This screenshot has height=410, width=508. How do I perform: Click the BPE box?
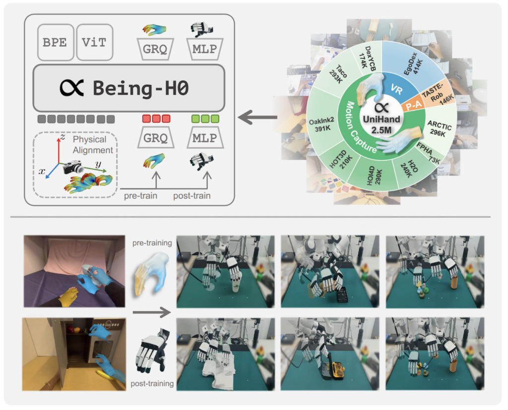click(x=55, y=42)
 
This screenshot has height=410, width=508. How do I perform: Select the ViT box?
click(x=94, y=42)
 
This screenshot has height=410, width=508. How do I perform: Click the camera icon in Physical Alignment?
click(x=73, y=168)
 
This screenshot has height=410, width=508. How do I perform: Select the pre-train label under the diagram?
click(x=140, y=196)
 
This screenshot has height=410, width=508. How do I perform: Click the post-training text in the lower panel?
click(x=152, y=383)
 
